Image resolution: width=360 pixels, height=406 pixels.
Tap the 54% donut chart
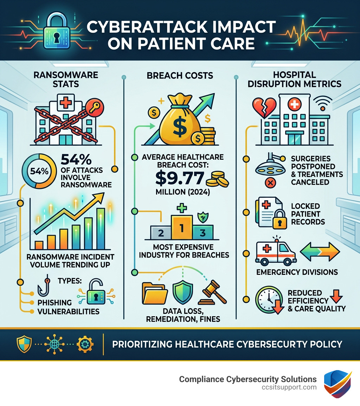pyautogui.click(x=37, y=171)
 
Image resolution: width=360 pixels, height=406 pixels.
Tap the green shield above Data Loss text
pyautogui.click(x=183, y=292)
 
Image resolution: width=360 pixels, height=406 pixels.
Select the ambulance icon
pyautogui.click(x=275, y=252)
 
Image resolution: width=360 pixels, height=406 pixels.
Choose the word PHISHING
pyautogui.click(x=54, y=303)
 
